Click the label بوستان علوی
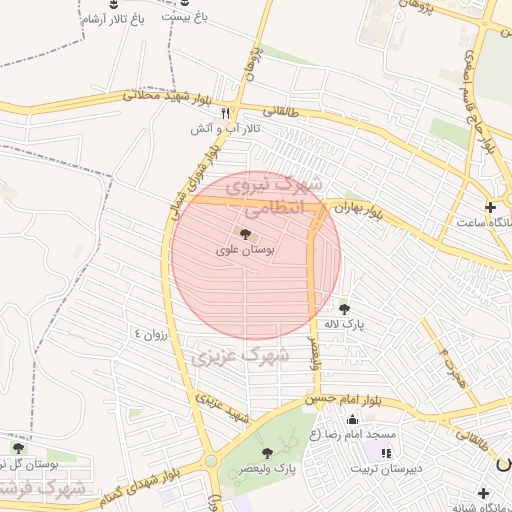pyautogui.click(x=245, y=250)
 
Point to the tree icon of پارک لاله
pyautogui.click(x=345, y=309)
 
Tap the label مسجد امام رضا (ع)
pyautogui.click(x=351, y=434)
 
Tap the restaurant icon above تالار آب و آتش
pyautogui.click(x=226, y=113)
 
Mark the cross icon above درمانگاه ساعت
pyautogui.click(x=489, y=207)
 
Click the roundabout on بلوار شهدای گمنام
pyautogui.click(x=211, y=461)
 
